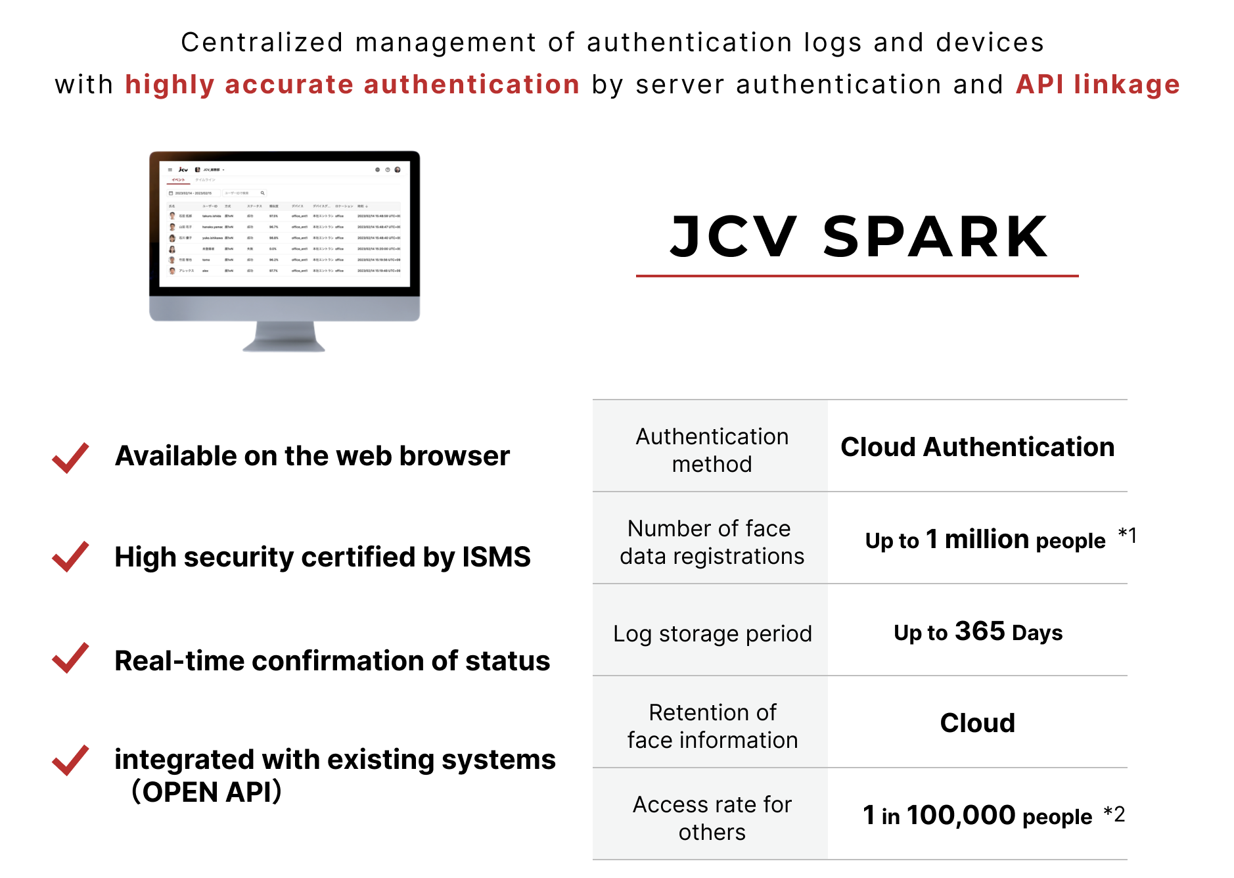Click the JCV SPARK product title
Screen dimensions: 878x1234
(x=859, y=237)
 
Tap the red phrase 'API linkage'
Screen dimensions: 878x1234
(x=1097, y=85)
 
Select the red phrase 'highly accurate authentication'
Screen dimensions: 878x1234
(x=352, y=85)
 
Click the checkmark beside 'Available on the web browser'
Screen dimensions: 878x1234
(x=70, y=457)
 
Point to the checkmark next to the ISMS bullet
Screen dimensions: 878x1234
(x=70, y=557)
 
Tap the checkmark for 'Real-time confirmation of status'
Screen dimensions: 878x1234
(x=70, y=658)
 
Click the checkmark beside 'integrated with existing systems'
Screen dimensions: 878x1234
(x=70, y=760)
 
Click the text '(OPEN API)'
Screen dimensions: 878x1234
(x=206, y=792)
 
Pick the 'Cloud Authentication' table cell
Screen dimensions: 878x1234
(x=977, y=447)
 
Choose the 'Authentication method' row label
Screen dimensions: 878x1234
(x=712, y=450)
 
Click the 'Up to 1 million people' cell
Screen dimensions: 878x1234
(x=985, y=540)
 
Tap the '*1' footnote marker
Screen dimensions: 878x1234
(x=1127, y=535)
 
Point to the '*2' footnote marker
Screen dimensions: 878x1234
(x=1114, y=814)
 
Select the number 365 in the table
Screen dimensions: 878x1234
(x=980, y=631)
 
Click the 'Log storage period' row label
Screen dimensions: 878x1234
(x=712, y=634)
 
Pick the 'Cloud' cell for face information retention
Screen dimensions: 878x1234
(x=977, y=723)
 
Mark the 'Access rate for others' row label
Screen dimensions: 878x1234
(x=712, y=818)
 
